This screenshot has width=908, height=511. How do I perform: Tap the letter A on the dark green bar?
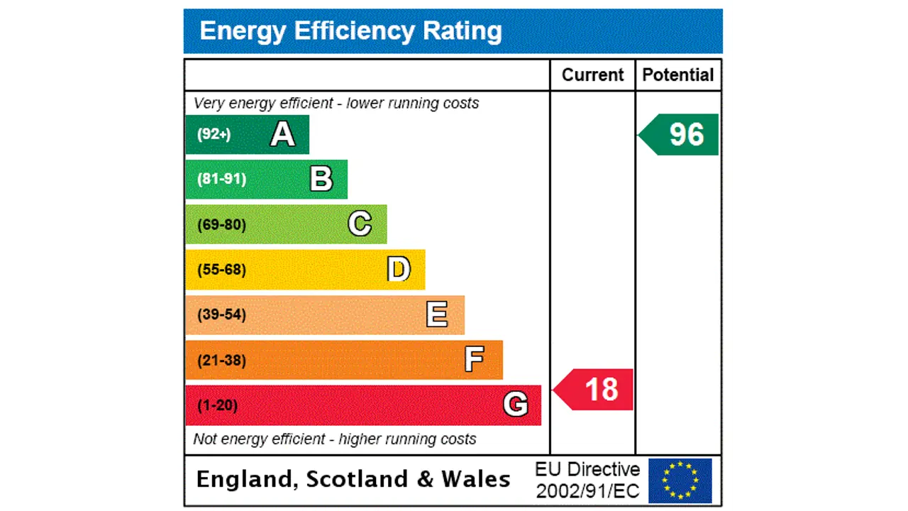pyautogui.click(x=282, y=134)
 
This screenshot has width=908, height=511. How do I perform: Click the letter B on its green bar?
pyautogui.click(x=321, y=179)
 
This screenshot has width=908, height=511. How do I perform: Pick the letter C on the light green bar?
pyautogui.click(x=360, y=224)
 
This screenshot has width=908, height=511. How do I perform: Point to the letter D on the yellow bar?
pyautogui.click(x=399, y=270)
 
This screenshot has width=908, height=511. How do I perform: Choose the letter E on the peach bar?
pyautogui.click(x=437, y=314)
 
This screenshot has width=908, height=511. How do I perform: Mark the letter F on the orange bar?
pyautogui.click(x=474, y=360)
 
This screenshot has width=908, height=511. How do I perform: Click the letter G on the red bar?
pyautogui.click(x=516, y=405)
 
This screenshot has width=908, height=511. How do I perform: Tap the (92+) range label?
pyautogui.click(x=214, y=134)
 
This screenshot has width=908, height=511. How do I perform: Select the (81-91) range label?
pyautogui.click(x=221, y=179)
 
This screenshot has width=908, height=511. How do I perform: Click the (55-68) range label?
pyautogui.click(x=221, y=270)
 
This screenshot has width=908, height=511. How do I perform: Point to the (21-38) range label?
pyautogui.click(x=221, y=361)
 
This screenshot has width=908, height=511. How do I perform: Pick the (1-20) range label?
pyautogui.click(x=217, y=406)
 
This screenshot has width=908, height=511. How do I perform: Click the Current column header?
pyautogui.click(x=592, y=75)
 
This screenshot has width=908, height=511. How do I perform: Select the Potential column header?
pyautogui.click(x=678, y=75)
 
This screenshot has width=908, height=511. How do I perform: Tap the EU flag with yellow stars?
pyautogui.click(x=680, y=480)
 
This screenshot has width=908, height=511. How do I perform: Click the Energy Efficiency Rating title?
pyautogui.click(x=350, y=31)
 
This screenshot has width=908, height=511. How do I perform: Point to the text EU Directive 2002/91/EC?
pyautogui.click(x=587, y=480)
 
